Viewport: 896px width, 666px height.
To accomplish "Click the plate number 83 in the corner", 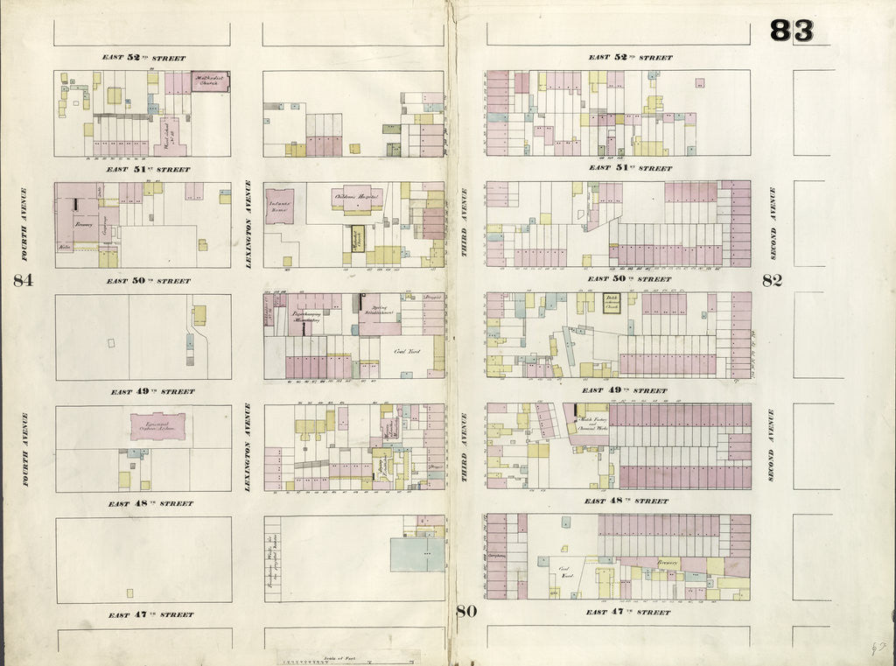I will point(791,31).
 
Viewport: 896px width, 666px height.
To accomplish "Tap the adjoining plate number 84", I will point(23,281).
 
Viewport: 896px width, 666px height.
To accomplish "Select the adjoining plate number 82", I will point(772,281).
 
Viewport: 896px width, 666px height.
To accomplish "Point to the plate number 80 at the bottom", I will point(466,612).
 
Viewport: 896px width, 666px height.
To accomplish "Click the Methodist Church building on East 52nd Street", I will point(210,82).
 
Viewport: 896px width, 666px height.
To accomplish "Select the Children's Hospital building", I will point(357,198).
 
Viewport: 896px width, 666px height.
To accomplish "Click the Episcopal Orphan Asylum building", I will point(158,427).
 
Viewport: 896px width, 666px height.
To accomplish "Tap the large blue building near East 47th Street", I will point(416,554).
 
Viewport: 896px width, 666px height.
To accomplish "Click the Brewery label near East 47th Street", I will point(668,564).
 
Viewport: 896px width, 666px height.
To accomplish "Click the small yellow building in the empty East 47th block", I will point(130,592).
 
